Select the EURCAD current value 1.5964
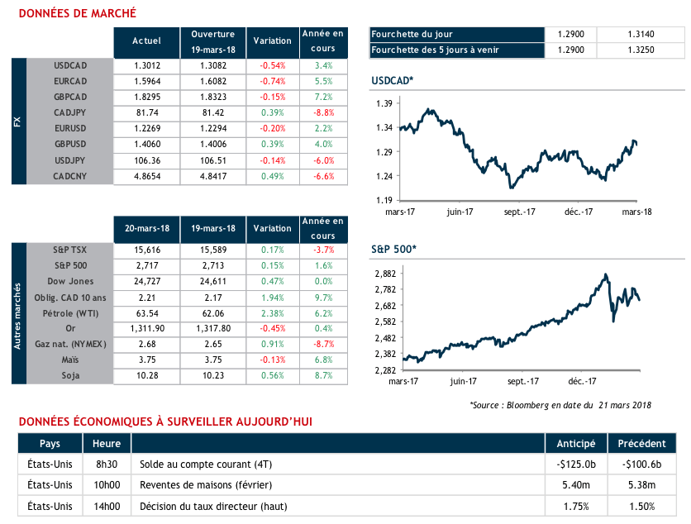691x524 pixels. coord(147,81)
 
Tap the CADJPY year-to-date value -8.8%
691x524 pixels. coord(323,112)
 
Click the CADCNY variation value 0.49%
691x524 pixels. coord(272,176)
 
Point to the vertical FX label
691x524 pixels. coord(18,121)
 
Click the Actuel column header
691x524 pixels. coord(147,40)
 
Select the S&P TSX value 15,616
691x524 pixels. coord(147,250)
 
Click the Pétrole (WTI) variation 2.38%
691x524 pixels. coord(272,313)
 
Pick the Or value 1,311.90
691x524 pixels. coord(147,329)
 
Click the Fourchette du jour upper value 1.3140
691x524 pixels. coord(641,35)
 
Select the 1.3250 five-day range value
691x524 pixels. coord(641,50)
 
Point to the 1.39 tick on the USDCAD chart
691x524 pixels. coord(384,103)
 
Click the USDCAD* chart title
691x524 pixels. coord(393,80)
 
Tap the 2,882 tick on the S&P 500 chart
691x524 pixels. coord(386,274)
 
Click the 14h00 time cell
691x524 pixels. coord(107,507)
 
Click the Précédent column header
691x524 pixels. coord(641,443)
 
